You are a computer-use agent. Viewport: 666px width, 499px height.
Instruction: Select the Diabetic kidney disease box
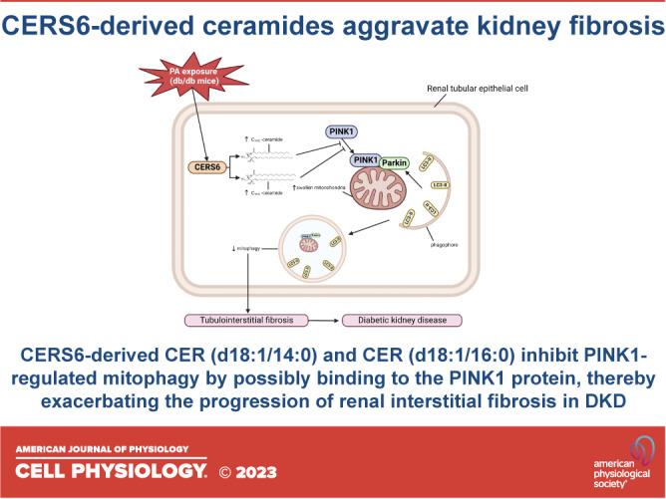click(398, 320)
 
